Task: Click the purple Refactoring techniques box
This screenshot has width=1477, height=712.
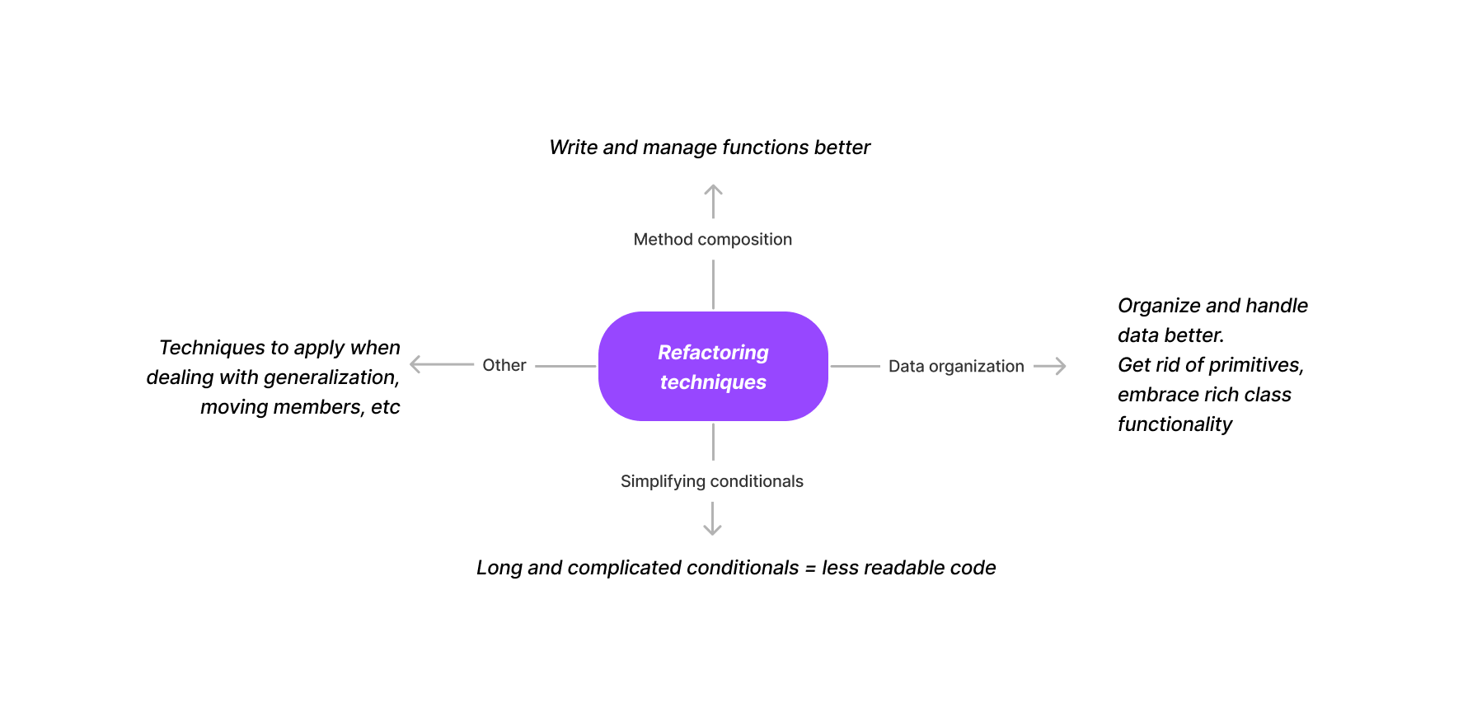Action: coord(713,367)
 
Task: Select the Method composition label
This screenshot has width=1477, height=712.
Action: coord(712,239)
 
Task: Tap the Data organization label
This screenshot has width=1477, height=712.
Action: coord(955,366)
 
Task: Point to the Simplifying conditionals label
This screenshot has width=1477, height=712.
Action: coord(711,481)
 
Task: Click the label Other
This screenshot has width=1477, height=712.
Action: coord(504,365)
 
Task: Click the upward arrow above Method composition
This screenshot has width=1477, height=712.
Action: coord(713,200)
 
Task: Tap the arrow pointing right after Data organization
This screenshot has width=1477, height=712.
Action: coord(1050,366)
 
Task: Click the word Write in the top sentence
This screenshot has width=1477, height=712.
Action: coord(573,148)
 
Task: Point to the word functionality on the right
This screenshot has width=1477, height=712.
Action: coord(1175,424)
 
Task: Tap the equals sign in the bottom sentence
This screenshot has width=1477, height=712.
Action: coord(810,569)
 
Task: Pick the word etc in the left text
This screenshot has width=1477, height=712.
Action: coord(385,407)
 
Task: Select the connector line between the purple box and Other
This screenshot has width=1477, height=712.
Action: coord(565,366)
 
